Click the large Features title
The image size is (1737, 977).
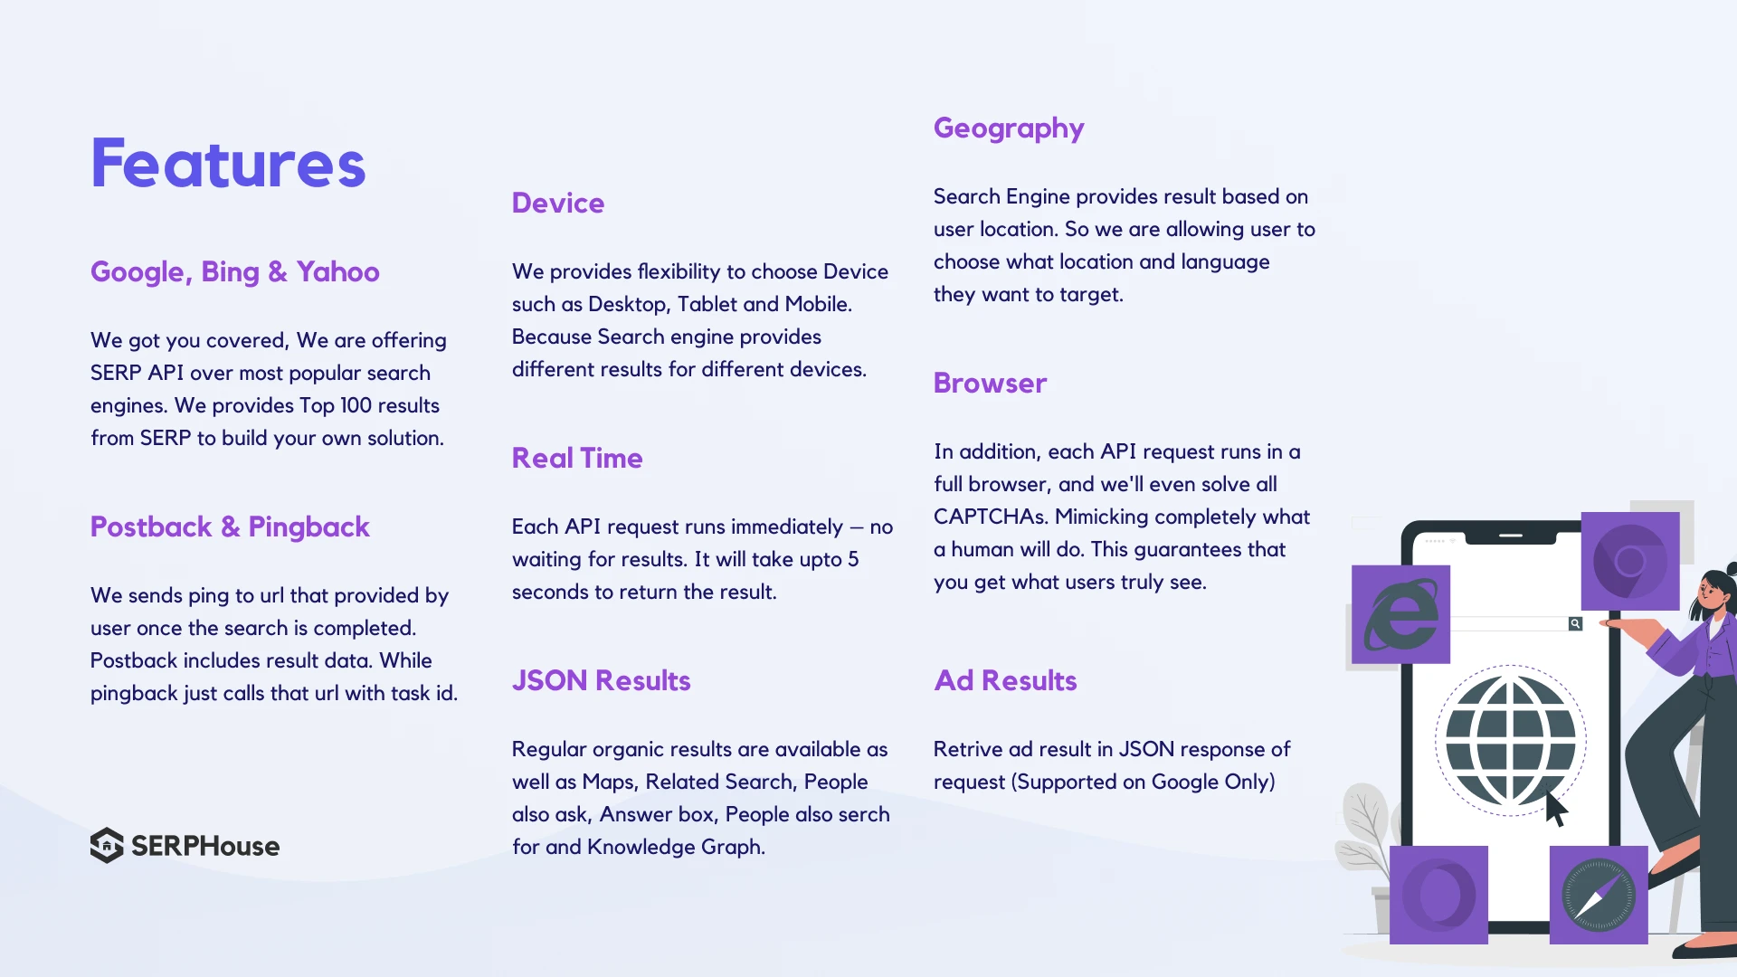(x=228, y=163)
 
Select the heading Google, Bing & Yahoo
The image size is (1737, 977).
(x=234, y=272)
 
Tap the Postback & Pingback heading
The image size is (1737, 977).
(x=230, y=527)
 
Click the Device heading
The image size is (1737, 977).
(x=558, y=203)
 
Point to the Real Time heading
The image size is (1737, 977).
(x=577, y=458)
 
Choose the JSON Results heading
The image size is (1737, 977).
(x=601, y=680)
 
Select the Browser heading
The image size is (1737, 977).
(x=990, y=383)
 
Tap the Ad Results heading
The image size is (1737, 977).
(x=1005, y=680)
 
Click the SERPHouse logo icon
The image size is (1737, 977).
(x=107, y=845)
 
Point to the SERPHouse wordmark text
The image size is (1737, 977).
(x=205, y=846)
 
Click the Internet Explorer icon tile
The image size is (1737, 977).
(x=1400, y=614)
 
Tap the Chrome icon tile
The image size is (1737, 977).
(x=1630, y=561)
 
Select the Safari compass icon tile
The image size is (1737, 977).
(x=1599, y=895)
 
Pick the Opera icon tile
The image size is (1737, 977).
(x=1438, y=895)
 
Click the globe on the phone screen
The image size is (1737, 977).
(x=1510, y=740)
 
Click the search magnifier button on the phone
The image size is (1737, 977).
(x=1575, y=623)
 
